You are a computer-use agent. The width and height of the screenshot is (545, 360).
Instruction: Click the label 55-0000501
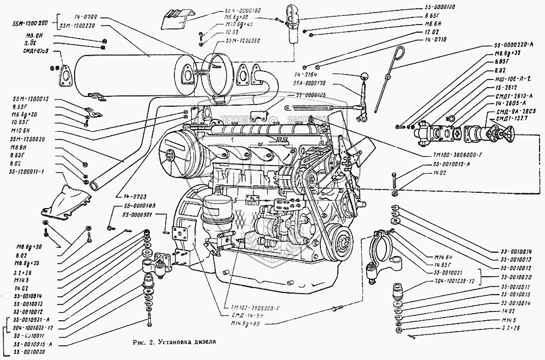point(136,215)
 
